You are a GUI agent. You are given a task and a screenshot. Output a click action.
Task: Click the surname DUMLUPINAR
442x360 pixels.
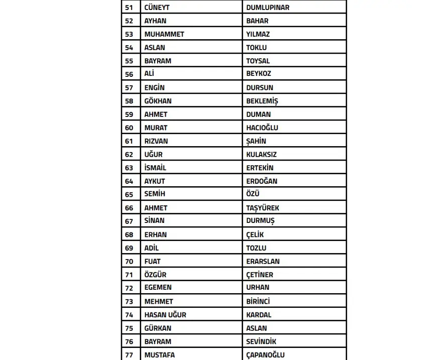click(268, 8)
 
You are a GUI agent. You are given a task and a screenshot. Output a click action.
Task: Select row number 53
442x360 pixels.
click(129, 34)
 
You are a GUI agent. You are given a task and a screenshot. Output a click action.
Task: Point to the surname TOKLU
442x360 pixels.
click(256, 48)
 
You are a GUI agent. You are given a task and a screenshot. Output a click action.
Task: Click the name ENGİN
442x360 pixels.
click(154, 87)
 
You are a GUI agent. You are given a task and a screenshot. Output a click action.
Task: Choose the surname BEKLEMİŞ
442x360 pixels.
click(262, 101)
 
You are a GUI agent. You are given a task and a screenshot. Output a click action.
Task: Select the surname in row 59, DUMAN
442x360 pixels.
click(258, 114)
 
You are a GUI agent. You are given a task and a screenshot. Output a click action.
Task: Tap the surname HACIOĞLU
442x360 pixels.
click(262, 128)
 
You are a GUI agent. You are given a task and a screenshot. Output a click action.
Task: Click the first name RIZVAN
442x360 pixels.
click(156, 141)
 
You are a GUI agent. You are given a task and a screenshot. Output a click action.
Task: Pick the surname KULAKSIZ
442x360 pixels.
click(261, 155)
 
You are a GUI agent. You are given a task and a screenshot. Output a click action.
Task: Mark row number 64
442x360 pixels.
click(129, 181)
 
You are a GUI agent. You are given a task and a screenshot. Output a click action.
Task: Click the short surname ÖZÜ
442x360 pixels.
click(253, 194)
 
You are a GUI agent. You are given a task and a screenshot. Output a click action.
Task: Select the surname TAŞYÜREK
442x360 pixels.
click(263, 208)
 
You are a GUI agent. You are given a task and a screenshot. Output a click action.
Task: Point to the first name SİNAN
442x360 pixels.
click(154, 221)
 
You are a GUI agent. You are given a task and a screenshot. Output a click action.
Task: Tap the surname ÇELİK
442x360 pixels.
click(255, 234)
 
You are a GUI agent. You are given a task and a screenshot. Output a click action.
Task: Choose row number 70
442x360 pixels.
click(129, 261)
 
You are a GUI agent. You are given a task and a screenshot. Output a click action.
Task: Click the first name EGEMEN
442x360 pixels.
click(158, 288)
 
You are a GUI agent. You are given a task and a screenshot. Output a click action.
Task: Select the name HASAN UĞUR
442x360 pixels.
click(165, 315)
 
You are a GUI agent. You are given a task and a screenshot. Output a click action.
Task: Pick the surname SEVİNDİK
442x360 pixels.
click(261, 341)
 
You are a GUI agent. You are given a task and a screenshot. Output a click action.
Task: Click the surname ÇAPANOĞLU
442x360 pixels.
click(265, 355)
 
